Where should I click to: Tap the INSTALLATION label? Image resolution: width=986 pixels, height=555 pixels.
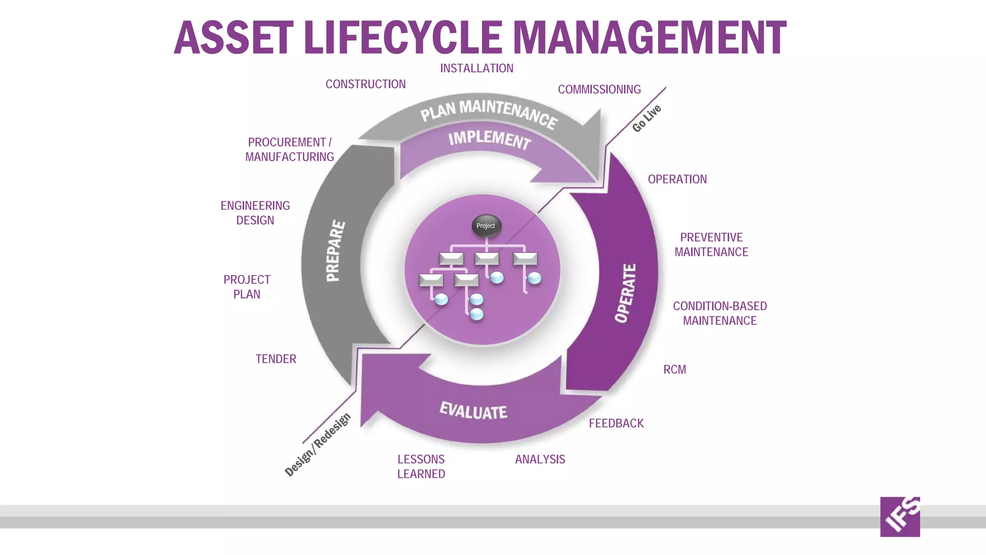tap(477, 68)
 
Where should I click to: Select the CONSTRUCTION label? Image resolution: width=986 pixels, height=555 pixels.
tap(365, 84)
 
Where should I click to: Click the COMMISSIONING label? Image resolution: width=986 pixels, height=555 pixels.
tap(599, 90)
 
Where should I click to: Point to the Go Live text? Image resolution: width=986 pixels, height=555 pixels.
tap(647, 119)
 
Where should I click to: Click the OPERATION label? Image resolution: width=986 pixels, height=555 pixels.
tap(677, 179)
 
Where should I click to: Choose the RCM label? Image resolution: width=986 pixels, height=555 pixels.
tap(675, 370)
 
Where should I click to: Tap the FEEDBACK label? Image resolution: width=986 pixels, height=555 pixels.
tap(616, 423)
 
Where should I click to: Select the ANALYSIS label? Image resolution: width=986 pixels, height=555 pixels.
tap(540, 460)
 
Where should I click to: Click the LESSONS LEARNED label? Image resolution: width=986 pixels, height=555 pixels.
tap(421, 466)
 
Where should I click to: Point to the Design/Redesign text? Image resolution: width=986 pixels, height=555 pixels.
tap(318, 445)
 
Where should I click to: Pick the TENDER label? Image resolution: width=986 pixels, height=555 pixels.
tap(275, 359)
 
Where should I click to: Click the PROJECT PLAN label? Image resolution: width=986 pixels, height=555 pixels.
tap(246, 287)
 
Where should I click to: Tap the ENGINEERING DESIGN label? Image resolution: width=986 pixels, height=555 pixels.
tap(255, 213)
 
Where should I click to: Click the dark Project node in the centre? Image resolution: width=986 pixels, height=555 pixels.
tap(486, 226)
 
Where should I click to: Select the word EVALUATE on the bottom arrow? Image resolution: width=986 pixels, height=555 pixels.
tap(473, 411)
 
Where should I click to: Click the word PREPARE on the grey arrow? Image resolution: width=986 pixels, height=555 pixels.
tap(335, 251)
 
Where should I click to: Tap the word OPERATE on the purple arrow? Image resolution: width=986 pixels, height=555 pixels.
tap(625, 293)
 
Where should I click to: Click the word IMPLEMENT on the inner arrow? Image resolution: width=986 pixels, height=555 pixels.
tap(489, 139)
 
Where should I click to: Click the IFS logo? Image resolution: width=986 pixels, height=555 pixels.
tap(899, 516)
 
